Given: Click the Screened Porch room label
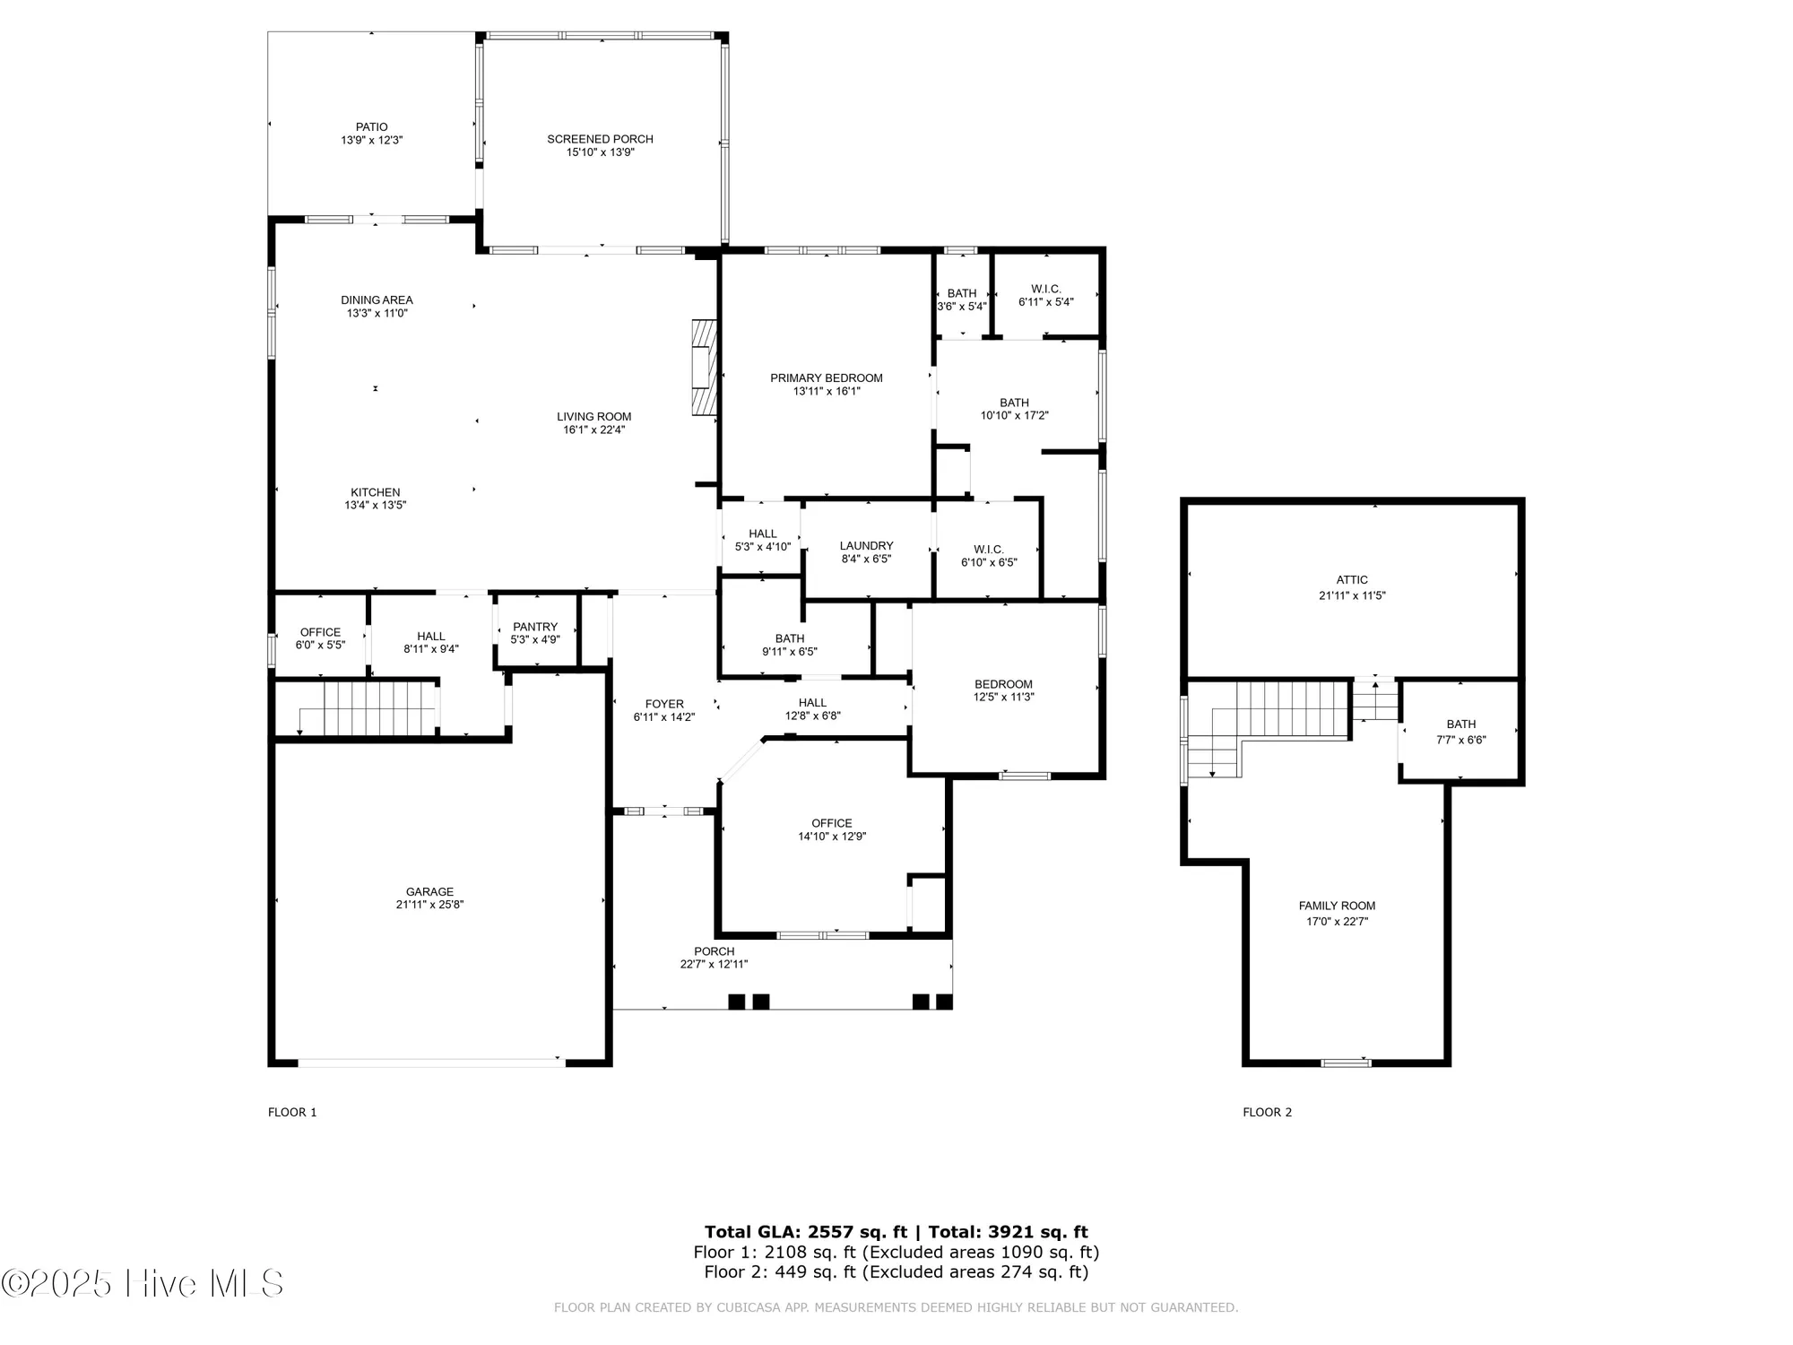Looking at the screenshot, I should pos(600,139).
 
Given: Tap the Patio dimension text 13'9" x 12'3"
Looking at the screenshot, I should pos(371,141).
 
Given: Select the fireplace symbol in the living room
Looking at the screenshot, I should pos(705,368).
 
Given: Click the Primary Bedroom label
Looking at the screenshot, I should pos(826,378).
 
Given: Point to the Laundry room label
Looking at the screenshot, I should pos(866,545).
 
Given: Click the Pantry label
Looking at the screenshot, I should pos(535,627).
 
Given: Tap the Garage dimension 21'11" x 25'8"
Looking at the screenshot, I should pos(429,905).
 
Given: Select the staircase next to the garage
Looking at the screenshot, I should pos(368,707).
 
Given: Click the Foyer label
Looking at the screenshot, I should pos(664,704).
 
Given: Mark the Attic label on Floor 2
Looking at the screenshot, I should pos(1351,580).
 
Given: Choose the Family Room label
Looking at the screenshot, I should pos(1337,906).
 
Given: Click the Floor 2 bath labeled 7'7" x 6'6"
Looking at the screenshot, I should pos(1460,732).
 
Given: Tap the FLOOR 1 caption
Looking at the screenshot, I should pos(292,1112).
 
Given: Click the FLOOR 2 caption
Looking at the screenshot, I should pos(1267,1112).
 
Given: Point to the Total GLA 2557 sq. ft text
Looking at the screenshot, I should pos(805,1232).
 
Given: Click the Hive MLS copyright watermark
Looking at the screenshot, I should pos(143,1283).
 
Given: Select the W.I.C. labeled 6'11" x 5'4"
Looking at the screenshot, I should pos(1045,295).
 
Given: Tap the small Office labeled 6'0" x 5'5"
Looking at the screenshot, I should pos(320,638).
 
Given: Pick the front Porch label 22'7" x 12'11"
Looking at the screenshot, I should pos(714,958).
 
